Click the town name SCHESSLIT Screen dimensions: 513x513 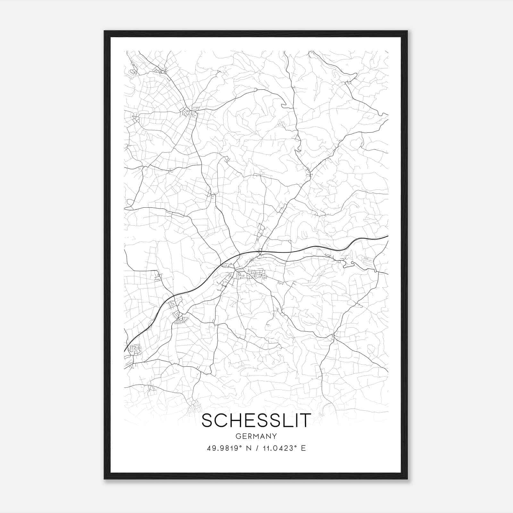tap(256, 420)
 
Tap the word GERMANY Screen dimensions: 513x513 tap(256, 436)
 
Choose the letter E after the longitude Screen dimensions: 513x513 tap(303, 448)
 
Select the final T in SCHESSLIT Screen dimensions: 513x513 tap(305, 420)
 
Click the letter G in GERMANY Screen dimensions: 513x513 tap(238, 436)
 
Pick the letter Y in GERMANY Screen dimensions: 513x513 tap(274, 436)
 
